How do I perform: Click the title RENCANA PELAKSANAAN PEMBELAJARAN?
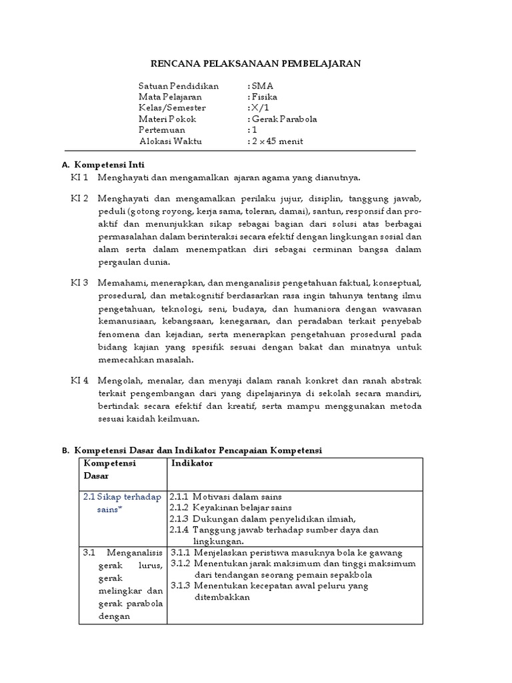[x=255, y=63]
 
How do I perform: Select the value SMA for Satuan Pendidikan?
[x=261, y=86]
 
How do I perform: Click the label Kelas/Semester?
[x=172, y=108]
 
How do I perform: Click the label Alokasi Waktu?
[x=170, y=141]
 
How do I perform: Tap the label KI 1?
[x=80, y=177]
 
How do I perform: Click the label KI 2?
[x=80, y=199]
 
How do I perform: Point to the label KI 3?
[x=80, y=283]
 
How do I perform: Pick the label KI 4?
[x=80, y=380]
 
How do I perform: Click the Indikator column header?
[x=192, y=463]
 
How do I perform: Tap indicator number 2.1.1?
[x=180, y=497]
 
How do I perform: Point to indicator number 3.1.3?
[x=180, y=586]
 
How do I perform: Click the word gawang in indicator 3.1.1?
[x=387, y=552]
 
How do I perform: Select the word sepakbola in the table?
[x=352, y=574]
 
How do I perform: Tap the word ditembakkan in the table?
[x=222, y=597]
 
